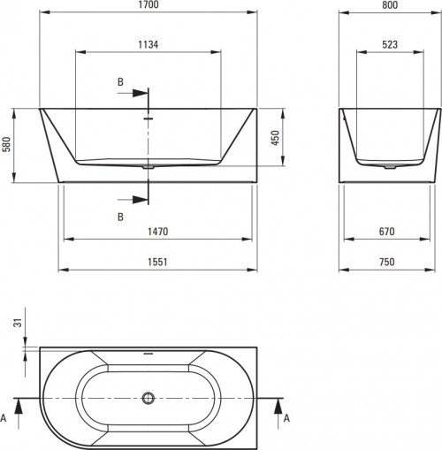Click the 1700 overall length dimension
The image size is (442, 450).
pyautogui.click(x=149, y=6)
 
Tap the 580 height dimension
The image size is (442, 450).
pyautogui.click(x=6, y=145)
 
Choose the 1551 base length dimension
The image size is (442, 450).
pyautogui.click(x=158, y=262)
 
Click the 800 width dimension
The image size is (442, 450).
pyautogui.click(x=389, y=6)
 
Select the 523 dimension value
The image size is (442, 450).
pyautogui.click(x=389, y=43)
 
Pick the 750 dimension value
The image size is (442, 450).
pyautogui.click(x=389, y=262)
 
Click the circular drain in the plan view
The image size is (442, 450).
pyautogui.click(x=149, y=399)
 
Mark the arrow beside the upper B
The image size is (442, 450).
pyautogui.click(x=138, y=92)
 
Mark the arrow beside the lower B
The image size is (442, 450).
pyautogui.click(x=138, y=199)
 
